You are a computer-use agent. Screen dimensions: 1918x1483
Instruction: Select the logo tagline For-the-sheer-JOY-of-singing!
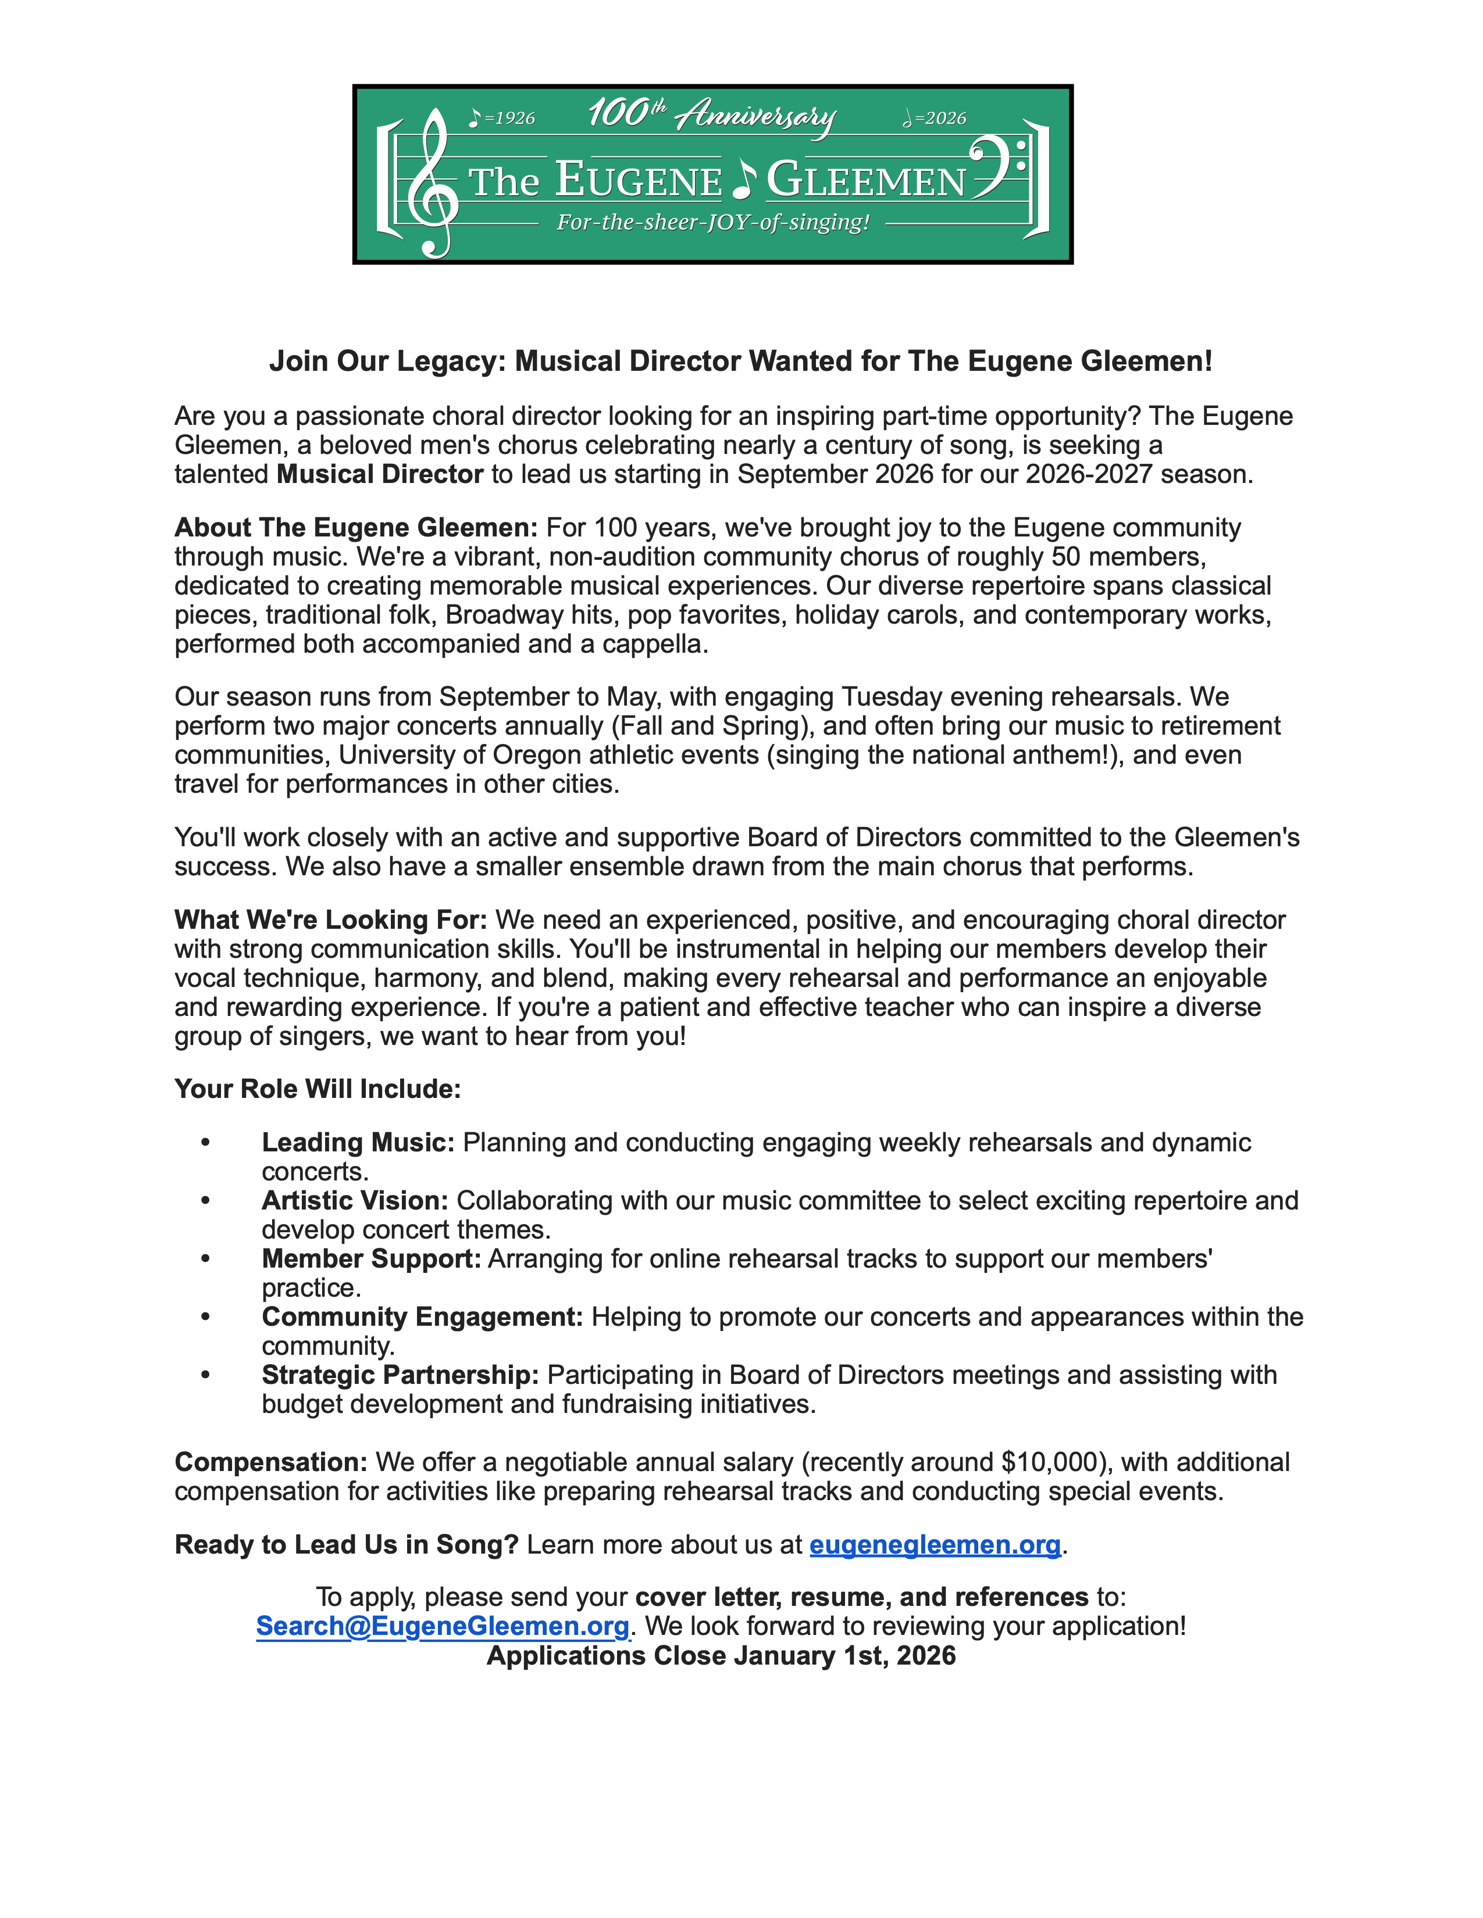[x=712, y=222]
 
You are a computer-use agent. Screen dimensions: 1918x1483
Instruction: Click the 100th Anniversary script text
[x=712, y=115]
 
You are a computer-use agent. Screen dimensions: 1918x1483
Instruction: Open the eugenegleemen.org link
[x=935, y=1545]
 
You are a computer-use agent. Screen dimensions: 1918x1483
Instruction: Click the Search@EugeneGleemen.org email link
[x=443, y=1626]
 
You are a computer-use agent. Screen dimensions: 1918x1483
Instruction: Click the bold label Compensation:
[x=270, y=1462]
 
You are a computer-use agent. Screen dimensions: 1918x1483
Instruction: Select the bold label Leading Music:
[x=358, y=1143]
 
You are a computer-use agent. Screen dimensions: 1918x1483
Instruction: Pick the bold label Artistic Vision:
[x=355, y=1201]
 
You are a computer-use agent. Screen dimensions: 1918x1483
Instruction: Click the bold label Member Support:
[x=371, y=1258]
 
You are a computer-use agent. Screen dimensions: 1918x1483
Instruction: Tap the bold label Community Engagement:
[x=422, y=1316]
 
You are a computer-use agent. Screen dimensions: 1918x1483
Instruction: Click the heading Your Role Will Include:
[x=317, y=1089]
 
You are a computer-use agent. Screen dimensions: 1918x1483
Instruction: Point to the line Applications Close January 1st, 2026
[x=721, y=1655]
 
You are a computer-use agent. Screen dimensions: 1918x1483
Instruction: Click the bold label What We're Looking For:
[x=330, y=919]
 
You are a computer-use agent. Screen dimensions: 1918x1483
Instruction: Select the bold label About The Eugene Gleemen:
[x=356, y=528]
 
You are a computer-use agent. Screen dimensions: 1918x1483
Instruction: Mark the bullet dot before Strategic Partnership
[x=205, y=1375]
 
